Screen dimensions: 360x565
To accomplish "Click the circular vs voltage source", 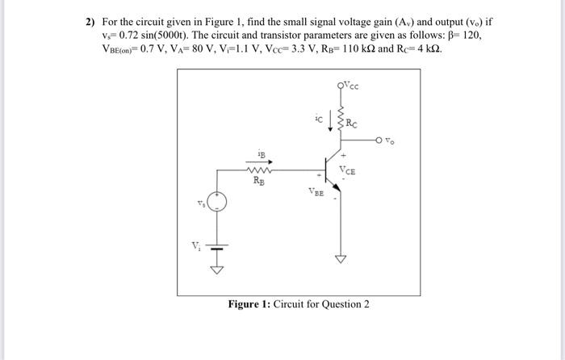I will click(216, 203).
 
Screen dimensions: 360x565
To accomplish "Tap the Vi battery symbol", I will click(216, 245).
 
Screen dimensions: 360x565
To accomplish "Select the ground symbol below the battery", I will click(216, 268).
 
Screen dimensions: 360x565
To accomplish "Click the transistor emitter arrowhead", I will click(337, 190).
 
